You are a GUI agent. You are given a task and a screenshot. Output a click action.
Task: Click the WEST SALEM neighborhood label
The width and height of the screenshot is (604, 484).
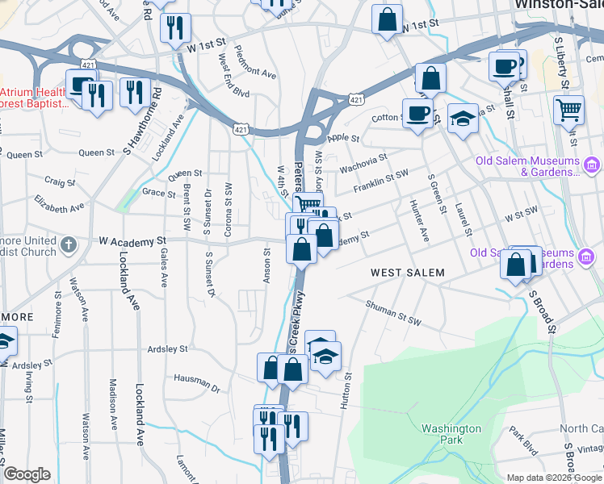[408, 273]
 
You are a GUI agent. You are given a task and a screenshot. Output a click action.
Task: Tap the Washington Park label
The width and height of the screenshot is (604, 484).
[451, 434]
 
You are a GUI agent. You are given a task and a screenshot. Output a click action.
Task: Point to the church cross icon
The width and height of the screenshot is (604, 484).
[70, 242]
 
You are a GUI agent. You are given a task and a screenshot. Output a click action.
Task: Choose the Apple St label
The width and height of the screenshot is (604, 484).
[343, 138]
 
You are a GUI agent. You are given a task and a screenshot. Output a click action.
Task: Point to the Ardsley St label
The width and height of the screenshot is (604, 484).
[167, 349]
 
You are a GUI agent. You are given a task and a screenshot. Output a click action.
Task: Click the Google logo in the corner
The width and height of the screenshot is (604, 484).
[27, 474]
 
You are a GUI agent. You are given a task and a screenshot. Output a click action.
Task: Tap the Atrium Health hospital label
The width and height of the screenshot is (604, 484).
[32, 97]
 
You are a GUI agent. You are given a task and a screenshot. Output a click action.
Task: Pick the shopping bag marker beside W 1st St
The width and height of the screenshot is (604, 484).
[387, 19]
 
